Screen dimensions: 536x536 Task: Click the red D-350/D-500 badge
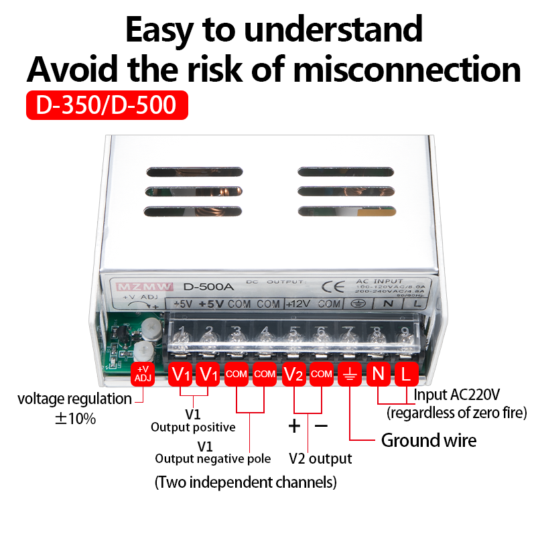coord(107,105)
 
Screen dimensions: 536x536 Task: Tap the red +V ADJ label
coord(143,374)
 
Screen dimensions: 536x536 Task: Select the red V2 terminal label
coord(294,374)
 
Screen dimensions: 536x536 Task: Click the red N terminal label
coord(379,374)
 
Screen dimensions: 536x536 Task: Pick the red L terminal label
coord(406,374)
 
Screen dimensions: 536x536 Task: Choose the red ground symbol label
coord(350,374)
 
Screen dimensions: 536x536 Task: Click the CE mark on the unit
coord(332,287)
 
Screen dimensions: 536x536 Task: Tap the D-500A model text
coord(208,287)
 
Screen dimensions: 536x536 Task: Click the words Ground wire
coord(429,440)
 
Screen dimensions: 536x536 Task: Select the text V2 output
coord(320,459)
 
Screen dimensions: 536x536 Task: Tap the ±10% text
coord(75,419)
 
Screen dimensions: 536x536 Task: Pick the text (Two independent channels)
coord(246,482)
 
